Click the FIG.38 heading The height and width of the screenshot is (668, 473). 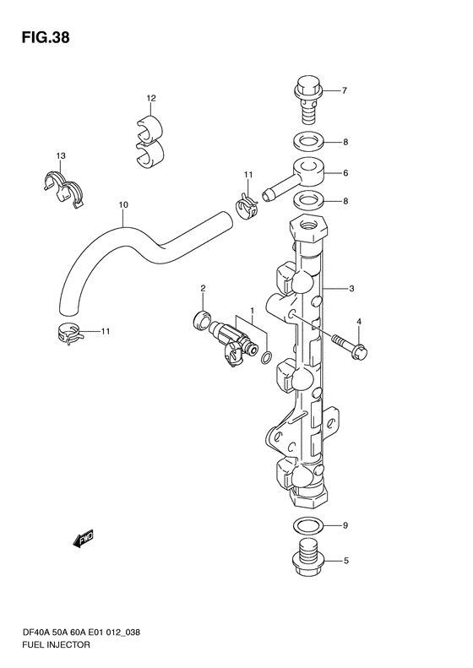[x=45, y=37]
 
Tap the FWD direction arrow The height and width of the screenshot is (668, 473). [x=84, y=539]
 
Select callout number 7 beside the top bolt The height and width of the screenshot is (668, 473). [x=345, y=90]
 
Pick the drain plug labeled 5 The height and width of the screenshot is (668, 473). [x=307, y=557]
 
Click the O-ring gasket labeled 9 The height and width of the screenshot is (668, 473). [x=307, y=525]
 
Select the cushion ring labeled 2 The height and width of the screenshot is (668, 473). [x=202, y=319]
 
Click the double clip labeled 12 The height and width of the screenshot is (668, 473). [x=150, y=141]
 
